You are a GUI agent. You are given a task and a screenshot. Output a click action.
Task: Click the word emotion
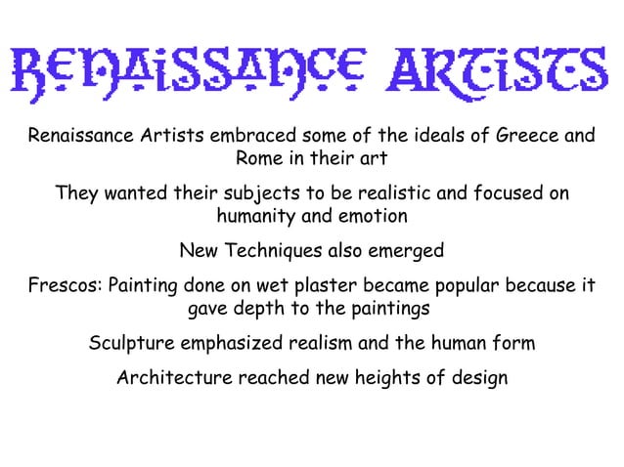click(x=372, y=215)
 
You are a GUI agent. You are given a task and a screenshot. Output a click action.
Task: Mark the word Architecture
click(x=175, y=377)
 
